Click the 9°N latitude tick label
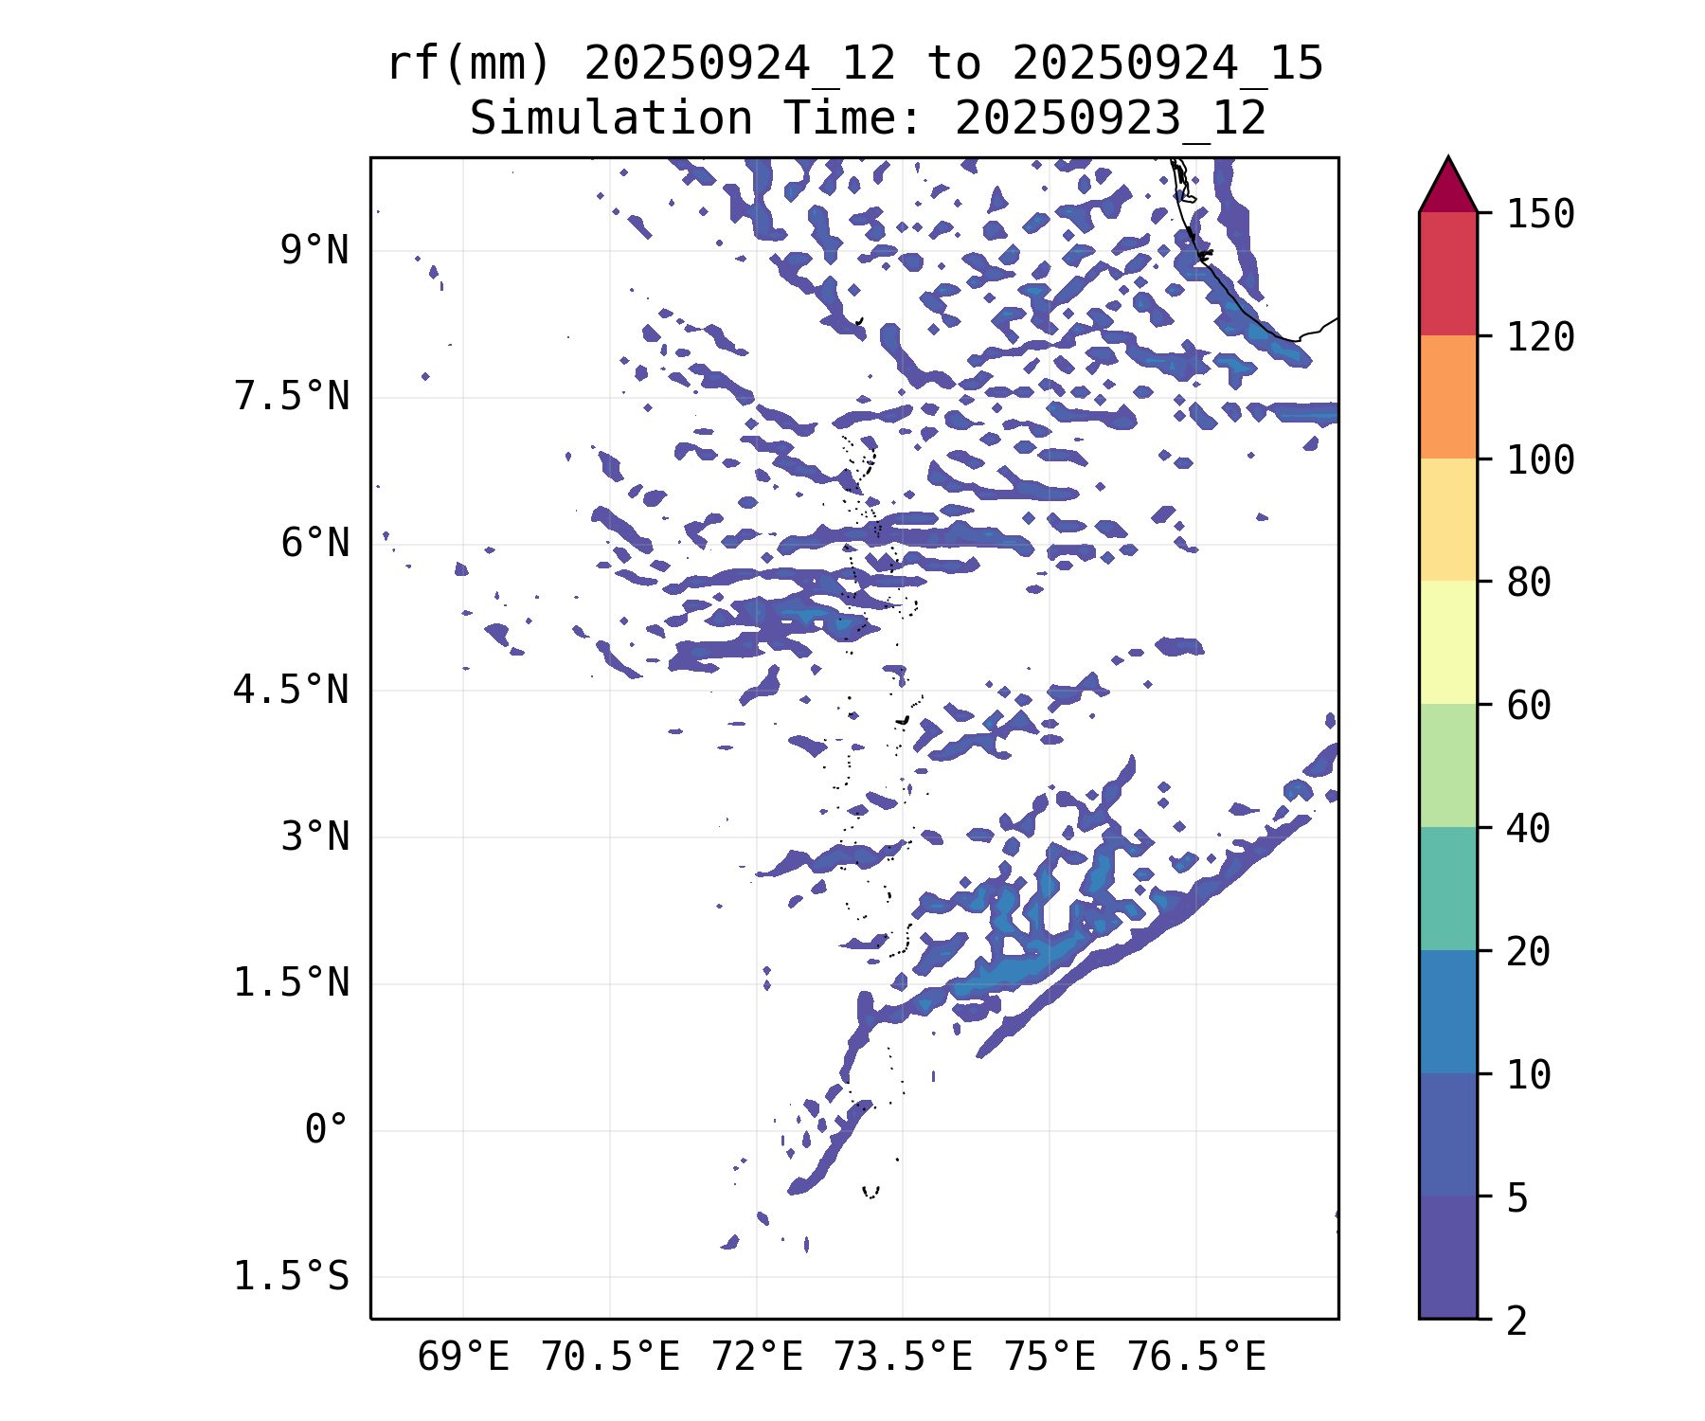(x=314, y=252)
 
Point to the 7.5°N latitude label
(x=292, y=398)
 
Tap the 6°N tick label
(x=314, y=545)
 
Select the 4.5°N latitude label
(x=292, y=691)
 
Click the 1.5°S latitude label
(x=292, y=1277)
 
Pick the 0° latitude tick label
(x=326, y=1130)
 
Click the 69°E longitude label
(x=463, y=1358)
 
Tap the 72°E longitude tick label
(x=757, y=1358)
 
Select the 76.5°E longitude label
(x=1195, y=1358)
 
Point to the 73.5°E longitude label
(x=903, y=1358)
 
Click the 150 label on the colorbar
(x=1540, y=214)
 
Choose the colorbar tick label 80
(x=1529, y=583)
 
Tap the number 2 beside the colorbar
(x=1517, y=1320)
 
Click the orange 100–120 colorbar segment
(x=1447, y=397)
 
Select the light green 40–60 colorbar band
(x=1447, y=765)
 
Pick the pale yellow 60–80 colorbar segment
(x=1447, y=642)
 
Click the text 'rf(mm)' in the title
(x=469, y=64)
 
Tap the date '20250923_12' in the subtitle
(x=1110, y=119)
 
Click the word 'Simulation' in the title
(x=611, y=119)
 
